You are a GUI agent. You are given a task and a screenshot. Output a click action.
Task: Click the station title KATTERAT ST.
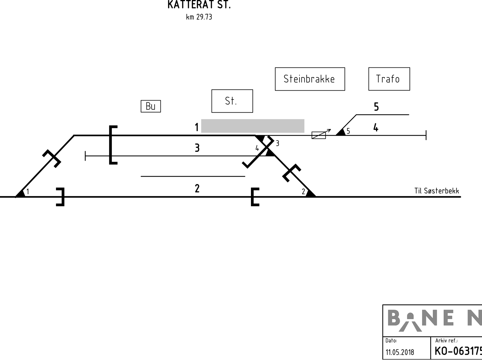click(199, 5)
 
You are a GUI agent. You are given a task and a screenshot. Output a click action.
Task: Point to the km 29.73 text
click(199, 17)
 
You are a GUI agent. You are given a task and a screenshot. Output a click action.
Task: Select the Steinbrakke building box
click(310, 79)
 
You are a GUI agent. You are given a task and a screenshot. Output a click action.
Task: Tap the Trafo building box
click(389, 79)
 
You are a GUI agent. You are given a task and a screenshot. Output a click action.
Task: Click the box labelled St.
click(232, 101)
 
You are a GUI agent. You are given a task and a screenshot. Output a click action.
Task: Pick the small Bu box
click(151, 106)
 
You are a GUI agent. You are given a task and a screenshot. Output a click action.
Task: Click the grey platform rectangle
click(253, 126)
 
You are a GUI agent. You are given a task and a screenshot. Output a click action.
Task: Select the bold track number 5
click(376, 107)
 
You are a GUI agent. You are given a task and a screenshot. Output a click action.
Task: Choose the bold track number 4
click(376, 127)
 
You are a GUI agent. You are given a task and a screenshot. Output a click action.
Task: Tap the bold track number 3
click(197, 148)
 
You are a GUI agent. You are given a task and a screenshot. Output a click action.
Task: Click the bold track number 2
click(197, 188)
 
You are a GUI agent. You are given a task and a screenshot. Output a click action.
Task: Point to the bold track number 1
click(197, 127)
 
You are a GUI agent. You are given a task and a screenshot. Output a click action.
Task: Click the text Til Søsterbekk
click(437, 191)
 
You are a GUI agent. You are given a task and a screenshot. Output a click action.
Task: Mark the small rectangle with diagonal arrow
click(319, 135)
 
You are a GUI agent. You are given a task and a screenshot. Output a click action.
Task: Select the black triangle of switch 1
click(21, 194)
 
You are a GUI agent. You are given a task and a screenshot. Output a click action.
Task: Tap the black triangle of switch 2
click(311, 193)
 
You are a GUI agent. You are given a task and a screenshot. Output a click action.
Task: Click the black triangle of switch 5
click(341, 132)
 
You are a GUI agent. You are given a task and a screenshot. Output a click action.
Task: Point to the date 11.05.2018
click(400, 352)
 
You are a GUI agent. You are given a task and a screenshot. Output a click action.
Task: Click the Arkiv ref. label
click(446, 341)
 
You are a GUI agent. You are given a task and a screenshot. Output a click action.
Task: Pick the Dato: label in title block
click(391, 341)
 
